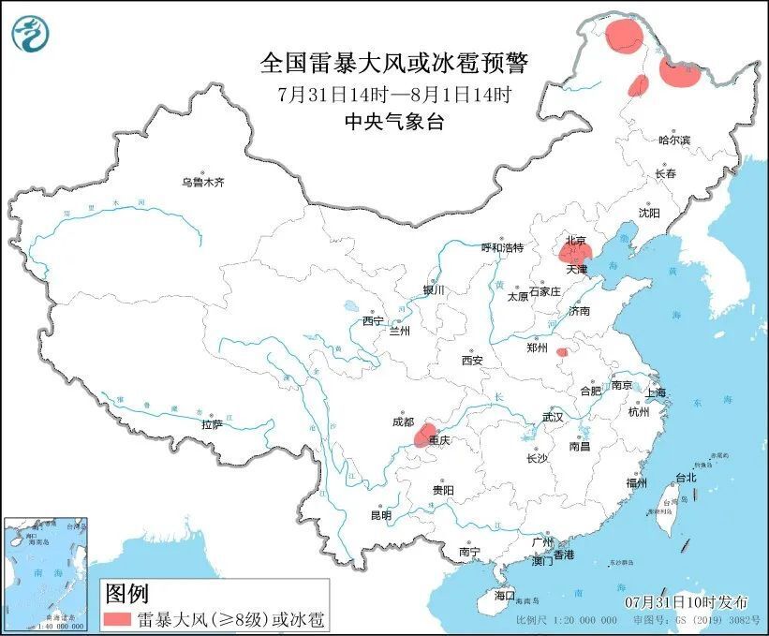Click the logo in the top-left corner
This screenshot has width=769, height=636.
(29, 34)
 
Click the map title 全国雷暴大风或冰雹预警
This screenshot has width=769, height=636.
(393, 64)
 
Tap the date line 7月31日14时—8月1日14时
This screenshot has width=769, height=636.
(393, 95)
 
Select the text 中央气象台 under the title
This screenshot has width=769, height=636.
(393, 121)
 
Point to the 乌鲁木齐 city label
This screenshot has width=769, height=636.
(203, 182)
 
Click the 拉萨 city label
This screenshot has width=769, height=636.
(212, 424)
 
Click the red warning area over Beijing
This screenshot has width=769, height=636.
(573, 251)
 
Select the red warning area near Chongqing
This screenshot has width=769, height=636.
(426, 432)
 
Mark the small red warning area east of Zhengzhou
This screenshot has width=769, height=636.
(562, 353)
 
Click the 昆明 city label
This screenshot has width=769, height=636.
(381, 514)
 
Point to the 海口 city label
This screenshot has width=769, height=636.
(505, 595)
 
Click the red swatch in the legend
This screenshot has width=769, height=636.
(117, 618)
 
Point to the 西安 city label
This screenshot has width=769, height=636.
(471, 360)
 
